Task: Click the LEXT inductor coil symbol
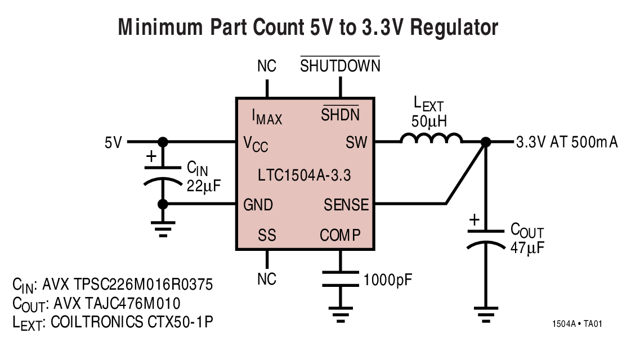coord(431,138)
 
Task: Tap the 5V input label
coord(113,142)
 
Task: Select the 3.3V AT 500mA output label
coord(567,142)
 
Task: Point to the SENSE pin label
coord(346,205)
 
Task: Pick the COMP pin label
coord(340,235)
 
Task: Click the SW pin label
coord(356,143)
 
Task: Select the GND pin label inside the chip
coord(258,205)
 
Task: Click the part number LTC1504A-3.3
coord(305,175)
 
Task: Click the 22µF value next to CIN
coord(204,186)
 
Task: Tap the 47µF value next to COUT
coord(527,247)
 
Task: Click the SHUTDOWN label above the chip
coord(340,66)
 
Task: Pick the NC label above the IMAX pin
coord(267,66)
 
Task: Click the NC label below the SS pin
coord(267,279)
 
